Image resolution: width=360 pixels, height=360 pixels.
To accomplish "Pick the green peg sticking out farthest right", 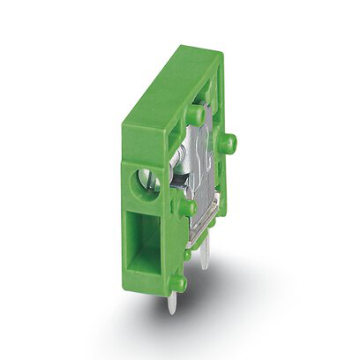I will (228, 143).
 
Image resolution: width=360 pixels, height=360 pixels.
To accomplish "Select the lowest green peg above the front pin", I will (177, 282).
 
